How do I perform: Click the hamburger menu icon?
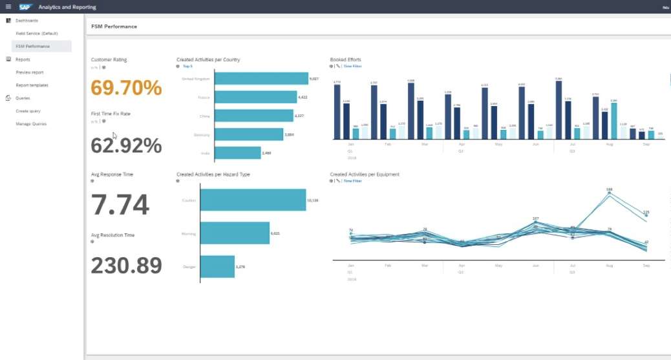[x=8, y=7]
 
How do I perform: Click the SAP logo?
[x=26, y=7]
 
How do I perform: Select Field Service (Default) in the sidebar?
[x=37, y=33]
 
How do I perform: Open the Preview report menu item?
[x=30, y=72]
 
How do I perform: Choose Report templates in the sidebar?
[x=32, y=85]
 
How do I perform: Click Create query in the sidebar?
[x=28, y=111]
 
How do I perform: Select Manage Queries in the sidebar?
[x=31, y=124]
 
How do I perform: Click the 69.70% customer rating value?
[x=126, y=87]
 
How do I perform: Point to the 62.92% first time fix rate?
[x=126, y=145]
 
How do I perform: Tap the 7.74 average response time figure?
[x=120, y=205]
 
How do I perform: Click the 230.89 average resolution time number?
[x=126, y=265]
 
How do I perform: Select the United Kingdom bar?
[x=261, y=79]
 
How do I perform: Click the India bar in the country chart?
[x=237, y=153]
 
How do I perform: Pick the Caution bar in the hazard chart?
[x=253, y=200]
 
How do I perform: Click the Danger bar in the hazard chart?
[x=217, y=266]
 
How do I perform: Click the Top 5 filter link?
[x=187, y=67]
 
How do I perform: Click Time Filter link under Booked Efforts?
[x=352, y=67]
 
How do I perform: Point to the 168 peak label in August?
[x=609, y=190]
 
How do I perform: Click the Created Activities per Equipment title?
[x=364, y=175]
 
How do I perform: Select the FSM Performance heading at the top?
[x=114, y=27]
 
